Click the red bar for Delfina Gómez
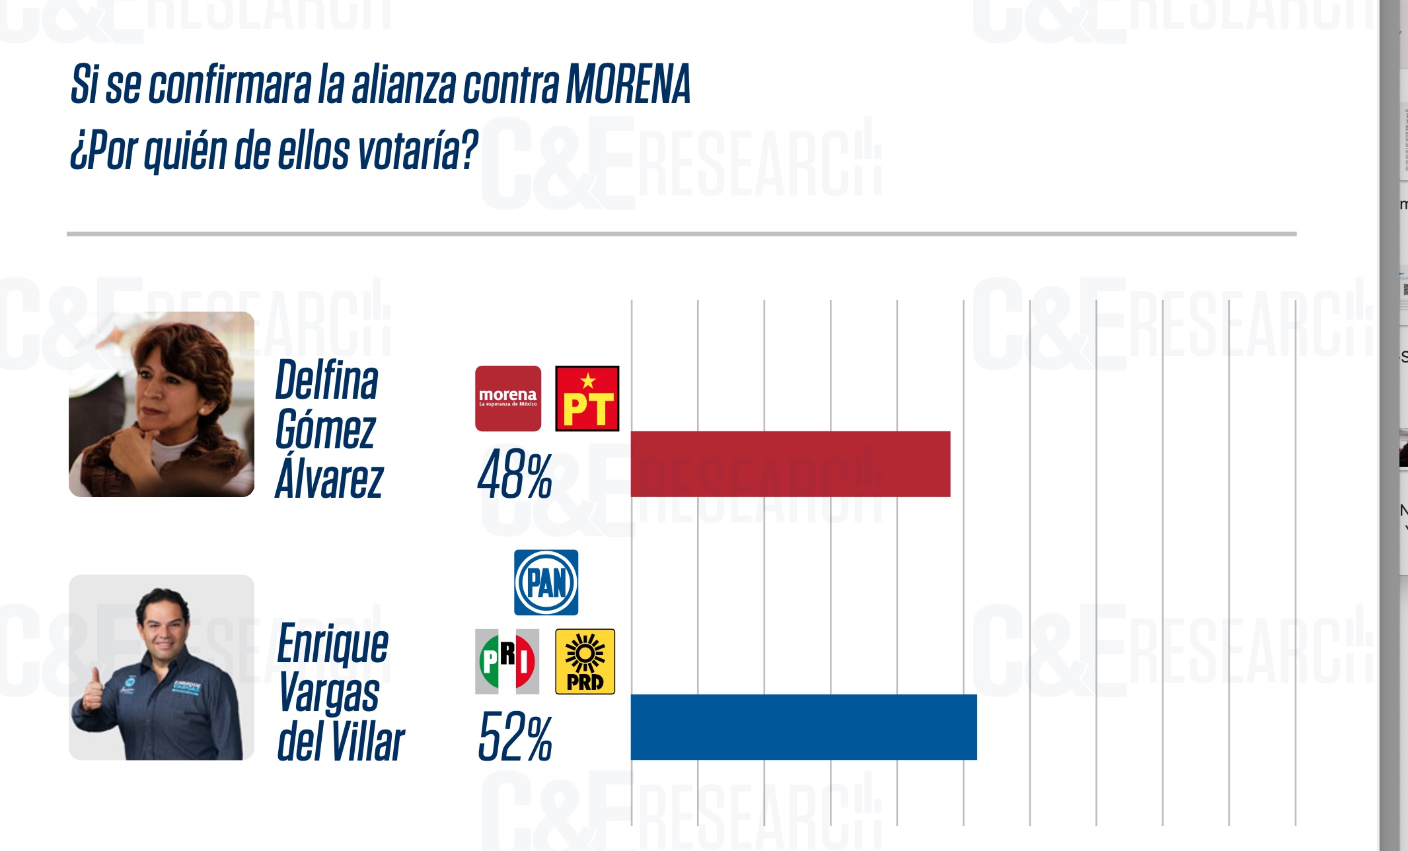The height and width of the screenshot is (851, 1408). coord(790,463)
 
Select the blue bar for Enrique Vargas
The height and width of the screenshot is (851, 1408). coord(803,727)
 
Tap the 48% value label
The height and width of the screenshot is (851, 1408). coord(514,475)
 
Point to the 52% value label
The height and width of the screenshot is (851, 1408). coord(514,737)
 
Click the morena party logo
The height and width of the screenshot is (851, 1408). coord(508,398)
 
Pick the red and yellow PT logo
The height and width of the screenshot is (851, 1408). coord(587,398)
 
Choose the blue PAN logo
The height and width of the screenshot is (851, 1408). coord(546,582)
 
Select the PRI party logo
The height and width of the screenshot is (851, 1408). coord(507,661)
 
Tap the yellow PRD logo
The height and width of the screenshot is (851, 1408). coord(585,661)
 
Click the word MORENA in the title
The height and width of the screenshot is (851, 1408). coord(628,85)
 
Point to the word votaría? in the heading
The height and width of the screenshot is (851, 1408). coord(417,151)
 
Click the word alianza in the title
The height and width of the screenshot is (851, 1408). coord(404,85)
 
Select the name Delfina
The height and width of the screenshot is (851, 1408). coord(326,380)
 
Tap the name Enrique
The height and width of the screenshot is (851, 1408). coord(332,644)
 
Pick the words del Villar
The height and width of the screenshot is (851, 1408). coord(340,741)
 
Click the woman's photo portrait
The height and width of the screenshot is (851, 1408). coord(161,404)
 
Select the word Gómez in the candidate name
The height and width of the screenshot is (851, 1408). coord(325,430)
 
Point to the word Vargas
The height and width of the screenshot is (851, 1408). coord(328,693)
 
